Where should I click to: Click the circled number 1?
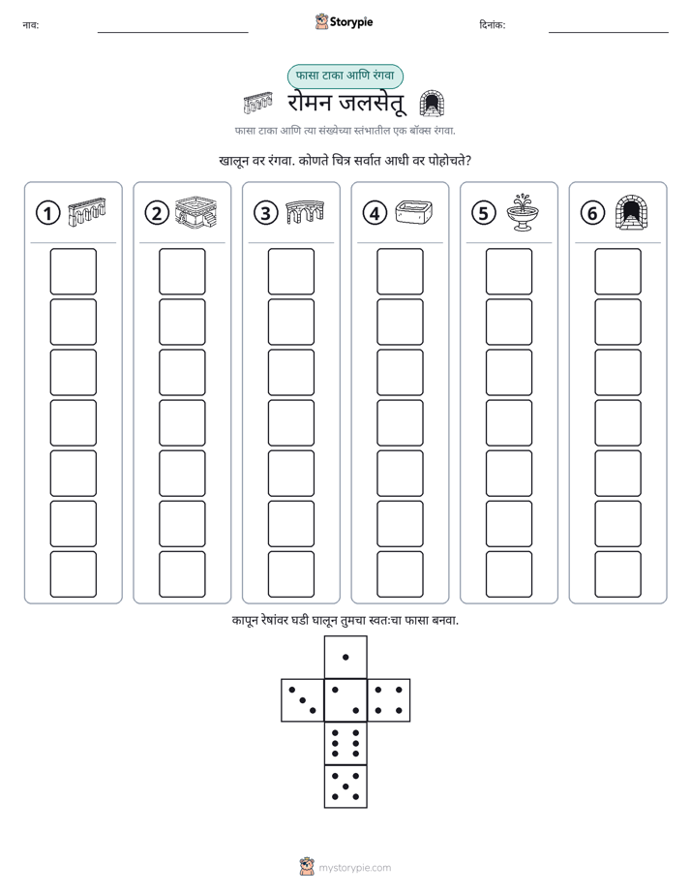point(47,213)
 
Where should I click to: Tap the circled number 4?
point(375,213)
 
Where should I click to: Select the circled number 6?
point(592,213)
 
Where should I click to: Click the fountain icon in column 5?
point(523,212)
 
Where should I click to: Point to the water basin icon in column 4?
point(414,212)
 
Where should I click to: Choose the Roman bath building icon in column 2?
point(196,212)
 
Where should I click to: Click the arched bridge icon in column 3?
point(305,212)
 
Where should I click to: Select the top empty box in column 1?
point(73,271)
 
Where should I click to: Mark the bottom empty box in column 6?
point(618,574)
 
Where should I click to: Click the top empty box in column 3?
point(290,271)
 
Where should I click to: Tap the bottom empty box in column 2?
point(182,574)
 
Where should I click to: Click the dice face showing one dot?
point(345,657)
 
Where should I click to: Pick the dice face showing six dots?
point(345,743)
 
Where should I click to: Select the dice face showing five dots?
point(345,787)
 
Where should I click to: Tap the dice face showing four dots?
point(389,700)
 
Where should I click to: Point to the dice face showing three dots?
point(302,700)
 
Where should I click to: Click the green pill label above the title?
point(345,76)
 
